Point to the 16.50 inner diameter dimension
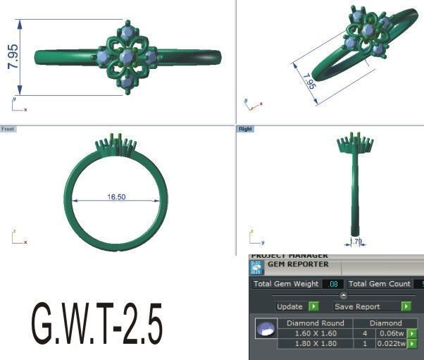click(x=116, y=197)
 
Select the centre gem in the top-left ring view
click(x=127, y=56)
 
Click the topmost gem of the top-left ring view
click(x=127, y=32)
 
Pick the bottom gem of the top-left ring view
click(x=127, y=82)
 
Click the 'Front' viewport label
click(x=8, y=130)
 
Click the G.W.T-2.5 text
click(x=97, y=324)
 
